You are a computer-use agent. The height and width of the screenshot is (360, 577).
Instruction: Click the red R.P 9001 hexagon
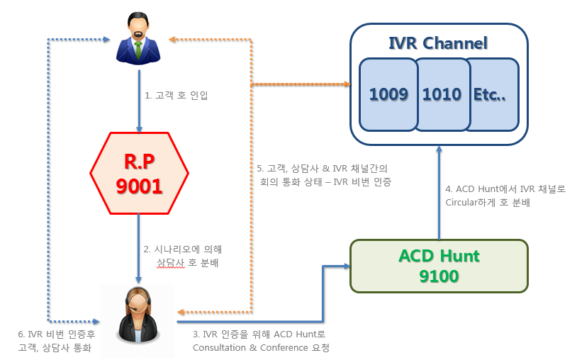pyautogui.click(x=140, y=173)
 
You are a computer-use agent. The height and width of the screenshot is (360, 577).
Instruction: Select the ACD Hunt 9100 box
pyautogui.click(x=439, y=266)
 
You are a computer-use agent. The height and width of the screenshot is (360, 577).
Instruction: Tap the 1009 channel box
pyautogui.click(x=388, y=94)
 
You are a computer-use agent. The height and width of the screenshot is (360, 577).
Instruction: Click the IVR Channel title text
pyautogui.click(x=438, y=43)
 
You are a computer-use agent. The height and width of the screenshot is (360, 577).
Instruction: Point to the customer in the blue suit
pyautogui.click(x=138, y=38)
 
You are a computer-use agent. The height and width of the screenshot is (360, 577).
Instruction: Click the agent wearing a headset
pyautogui.click(x=138, y=315)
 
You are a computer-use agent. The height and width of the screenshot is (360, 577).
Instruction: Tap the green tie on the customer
pyautogui.click(x=138, y=50)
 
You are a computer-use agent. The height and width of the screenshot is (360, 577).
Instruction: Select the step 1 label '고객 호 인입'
pyautogui.click(x=177, y=96)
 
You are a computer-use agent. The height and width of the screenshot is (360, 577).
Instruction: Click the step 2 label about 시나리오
pyautogui.click(x=183, y=256)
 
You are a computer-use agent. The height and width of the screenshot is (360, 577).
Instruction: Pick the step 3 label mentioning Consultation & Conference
pyautogui.click(x=261, y=341)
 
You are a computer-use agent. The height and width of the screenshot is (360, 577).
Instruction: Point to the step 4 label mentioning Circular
pyautogui.click(x=505, y=196)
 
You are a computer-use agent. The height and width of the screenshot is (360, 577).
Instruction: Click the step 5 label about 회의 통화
pyautogui.click(x=324, y=175)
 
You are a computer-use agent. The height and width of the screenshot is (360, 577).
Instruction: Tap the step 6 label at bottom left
pyautogui.click(x=56, y=341)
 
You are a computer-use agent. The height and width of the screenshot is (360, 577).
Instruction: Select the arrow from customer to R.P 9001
pyautogui.click(x=139, y=101)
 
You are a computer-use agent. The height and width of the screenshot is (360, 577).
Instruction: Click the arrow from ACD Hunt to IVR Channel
pyautogui.click(x=439, y=193)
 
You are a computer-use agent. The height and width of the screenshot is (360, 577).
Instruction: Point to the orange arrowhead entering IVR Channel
pyautogui.click(x=347, y=84)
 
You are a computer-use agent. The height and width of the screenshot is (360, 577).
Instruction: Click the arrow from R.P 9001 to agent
pyautogui.click(x=139, y=248)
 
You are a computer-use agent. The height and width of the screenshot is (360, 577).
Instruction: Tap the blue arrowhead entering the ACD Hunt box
pyautogui.click(x=347, y=266)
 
